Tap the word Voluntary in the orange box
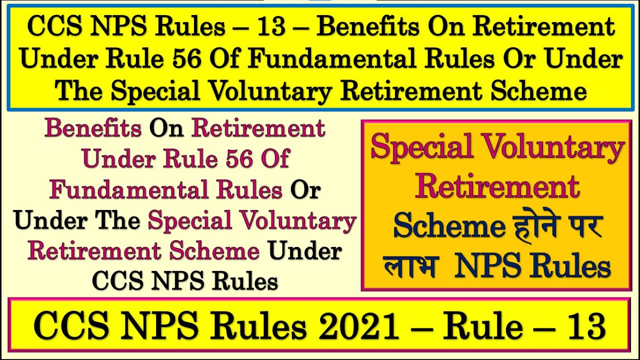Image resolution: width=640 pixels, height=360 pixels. point(562,148)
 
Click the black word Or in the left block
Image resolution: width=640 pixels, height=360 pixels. point(305,190)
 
